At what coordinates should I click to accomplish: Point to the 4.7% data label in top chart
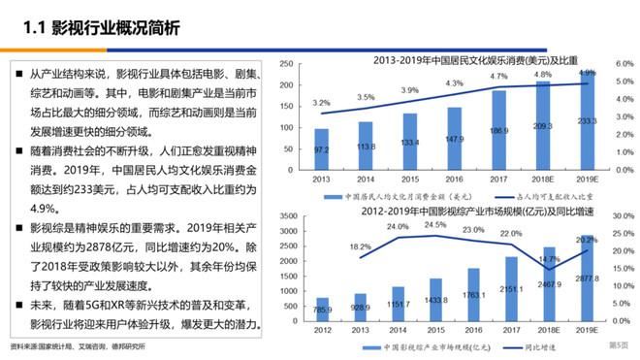click(498, 77)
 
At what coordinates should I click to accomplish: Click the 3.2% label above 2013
click(321, 102)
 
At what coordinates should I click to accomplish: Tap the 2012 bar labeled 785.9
click(321, 312)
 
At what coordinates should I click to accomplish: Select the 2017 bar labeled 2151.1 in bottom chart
click(498, 291)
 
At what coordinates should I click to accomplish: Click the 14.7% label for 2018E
click(549, 260)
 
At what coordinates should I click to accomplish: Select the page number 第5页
click(618, 345)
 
